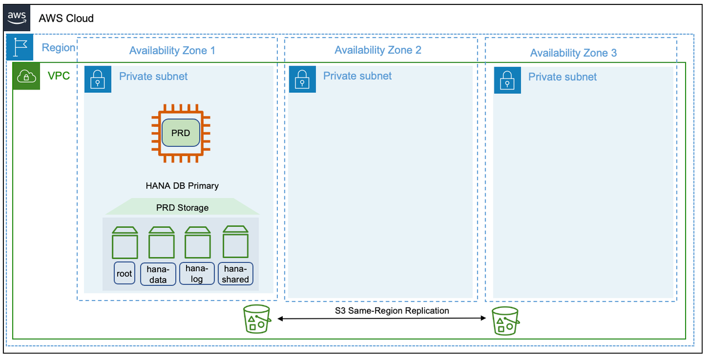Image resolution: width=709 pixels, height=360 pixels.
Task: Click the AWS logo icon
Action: coord(17,17)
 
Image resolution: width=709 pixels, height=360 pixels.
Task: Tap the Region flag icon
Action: coord(20,47)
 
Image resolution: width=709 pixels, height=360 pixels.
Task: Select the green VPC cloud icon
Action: coord(26,76)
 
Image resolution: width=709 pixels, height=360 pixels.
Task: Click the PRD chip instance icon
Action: coord(181,133)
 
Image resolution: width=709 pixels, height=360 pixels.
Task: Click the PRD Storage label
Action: coord(182,208)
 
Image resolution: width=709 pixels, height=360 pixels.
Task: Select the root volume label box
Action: coord(124,273)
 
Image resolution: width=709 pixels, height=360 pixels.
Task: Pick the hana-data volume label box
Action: coord(158,274)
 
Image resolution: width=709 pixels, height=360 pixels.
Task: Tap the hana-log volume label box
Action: coord(197,273)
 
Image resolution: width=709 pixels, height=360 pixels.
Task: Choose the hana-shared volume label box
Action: coord(236,274)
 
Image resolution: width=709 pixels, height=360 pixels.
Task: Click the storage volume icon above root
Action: coord(124,242)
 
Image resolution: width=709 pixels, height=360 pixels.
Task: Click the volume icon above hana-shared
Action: coord(235,241)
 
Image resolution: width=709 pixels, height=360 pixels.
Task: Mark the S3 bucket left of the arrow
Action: coord(257,319)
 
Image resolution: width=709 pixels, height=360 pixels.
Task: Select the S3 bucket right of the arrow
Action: coord(505,321)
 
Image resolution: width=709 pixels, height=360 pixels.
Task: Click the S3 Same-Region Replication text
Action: coord(392,311)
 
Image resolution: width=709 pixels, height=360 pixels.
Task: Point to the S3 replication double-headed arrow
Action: coord(382,319)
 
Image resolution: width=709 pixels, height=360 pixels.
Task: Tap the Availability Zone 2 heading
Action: coord(378,50)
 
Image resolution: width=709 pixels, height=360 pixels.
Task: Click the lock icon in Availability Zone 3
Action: coord(507,81)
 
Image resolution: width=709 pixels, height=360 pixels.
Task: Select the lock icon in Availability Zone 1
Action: coord(98,79)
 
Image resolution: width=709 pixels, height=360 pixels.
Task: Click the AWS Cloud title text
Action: coord(66,18)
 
